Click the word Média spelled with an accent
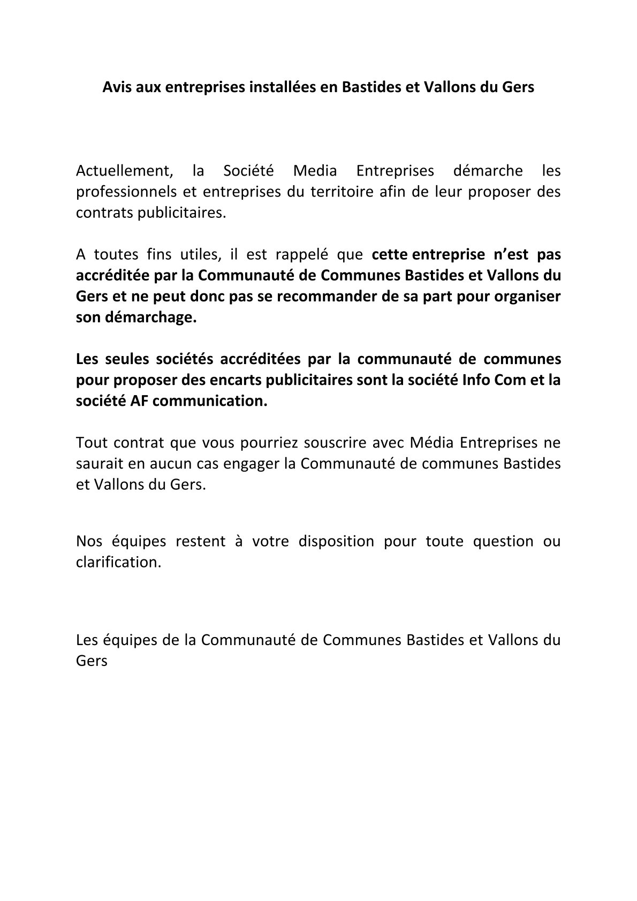tap(432, 443)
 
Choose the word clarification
tap(118, 562)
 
